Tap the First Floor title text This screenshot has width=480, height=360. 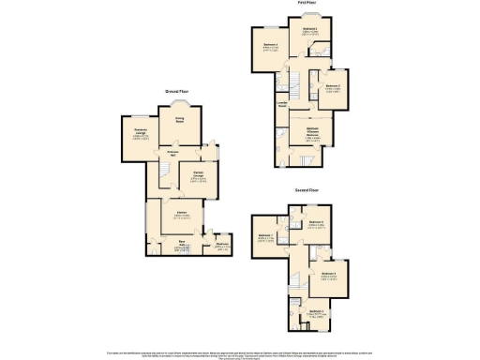pos(306,4)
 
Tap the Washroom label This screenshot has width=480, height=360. pos(223,245)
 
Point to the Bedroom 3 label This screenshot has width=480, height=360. pos(310,30)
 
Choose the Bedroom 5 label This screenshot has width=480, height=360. pos(328,274)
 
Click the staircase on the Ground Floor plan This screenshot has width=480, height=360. pos(164,170)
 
